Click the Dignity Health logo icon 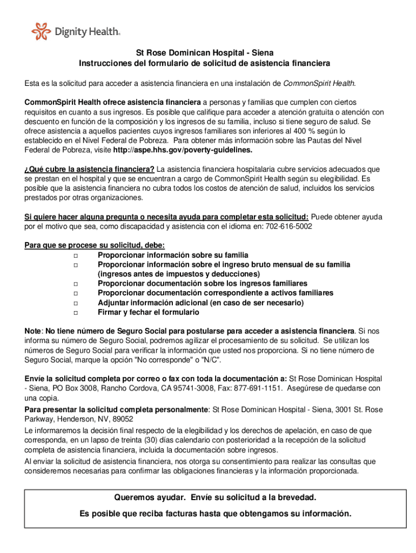point(41,32)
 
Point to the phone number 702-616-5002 point(288,226)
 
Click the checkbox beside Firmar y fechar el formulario point(75,313)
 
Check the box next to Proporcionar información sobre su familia point(75,255)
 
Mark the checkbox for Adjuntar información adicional point(75,303)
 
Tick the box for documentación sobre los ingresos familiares point(75,284)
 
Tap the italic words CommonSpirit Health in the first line point(319,83)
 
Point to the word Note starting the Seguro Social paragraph point(33,331)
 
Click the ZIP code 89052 point(123,419)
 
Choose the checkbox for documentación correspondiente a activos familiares point(75,293)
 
